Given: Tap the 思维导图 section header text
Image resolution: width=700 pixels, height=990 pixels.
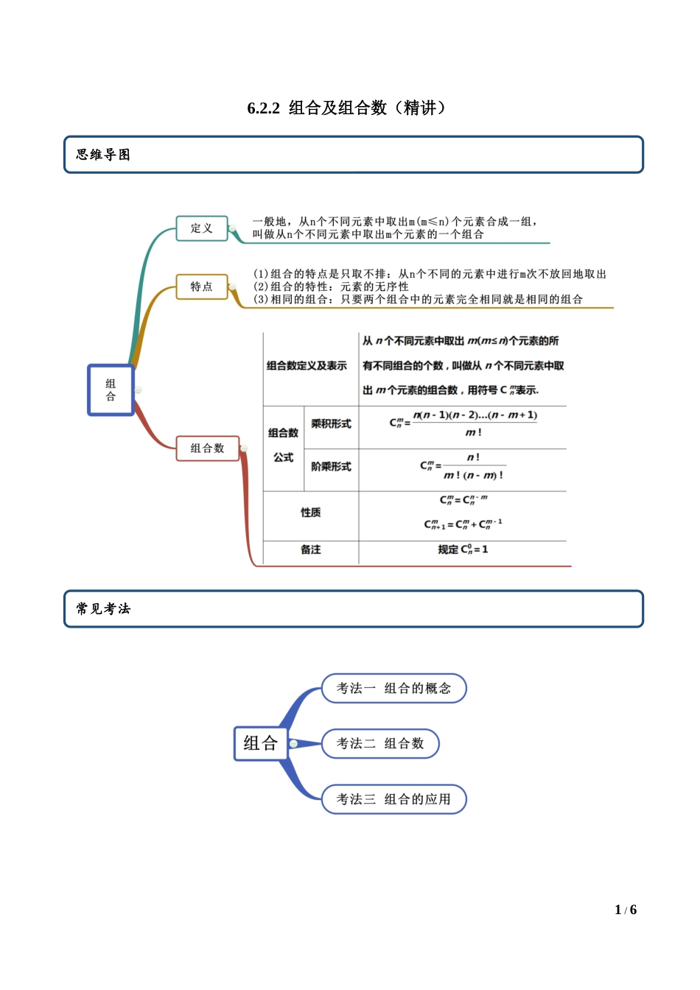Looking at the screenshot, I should click(x=103, y=155).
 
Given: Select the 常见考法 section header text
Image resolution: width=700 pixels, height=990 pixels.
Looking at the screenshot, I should click(x=103, y=609).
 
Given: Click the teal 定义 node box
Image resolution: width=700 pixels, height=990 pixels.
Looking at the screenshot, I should click(x=202, y=228).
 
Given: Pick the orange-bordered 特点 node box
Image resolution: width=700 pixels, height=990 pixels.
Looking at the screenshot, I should click(x=202, y=287).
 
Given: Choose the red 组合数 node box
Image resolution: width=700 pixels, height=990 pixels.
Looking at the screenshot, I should click(x=208, y=448).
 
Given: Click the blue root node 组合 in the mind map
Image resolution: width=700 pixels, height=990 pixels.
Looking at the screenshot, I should click(x=111, y=390).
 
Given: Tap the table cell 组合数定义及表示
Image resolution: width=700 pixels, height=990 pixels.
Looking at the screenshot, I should click(x=307, y=365).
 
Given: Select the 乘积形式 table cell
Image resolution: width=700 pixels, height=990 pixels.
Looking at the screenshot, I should click(x=331, y=424).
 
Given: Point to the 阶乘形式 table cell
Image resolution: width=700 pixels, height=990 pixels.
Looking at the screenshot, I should click(x=331, y=466).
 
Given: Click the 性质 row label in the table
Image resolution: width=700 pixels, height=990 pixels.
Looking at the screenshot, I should click(x=310, y=512).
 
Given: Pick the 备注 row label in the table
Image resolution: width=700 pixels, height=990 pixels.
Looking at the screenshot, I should click(x=310, y=550).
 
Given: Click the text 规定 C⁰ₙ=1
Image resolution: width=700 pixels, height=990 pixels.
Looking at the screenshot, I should click(x=463, y=550).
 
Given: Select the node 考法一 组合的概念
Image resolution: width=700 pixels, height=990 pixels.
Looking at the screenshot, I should click(x=393, y=688).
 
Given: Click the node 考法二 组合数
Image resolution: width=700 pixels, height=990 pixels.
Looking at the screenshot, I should click(x=380, y=743).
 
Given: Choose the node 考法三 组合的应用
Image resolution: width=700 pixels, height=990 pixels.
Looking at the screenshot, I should click(x=393, y=799).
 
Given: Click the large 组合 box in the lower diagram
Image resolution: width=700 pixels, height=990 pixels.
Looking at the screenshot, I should click(x=260, y=743).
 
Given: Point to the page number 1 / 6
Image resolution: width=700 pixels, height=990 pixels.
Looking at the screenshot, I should click(x=626, y=910).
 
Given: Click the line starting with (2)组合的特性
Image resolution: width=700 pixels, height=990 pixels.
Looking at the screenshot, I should click(x=332, y=287).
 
